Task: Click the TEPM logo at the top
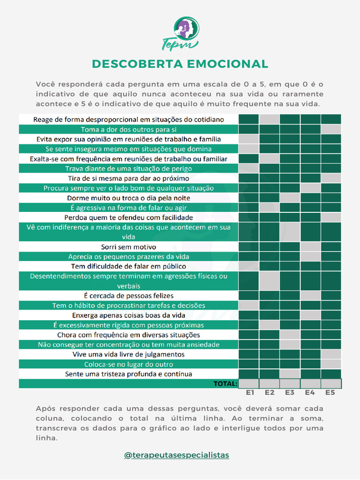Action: coord(180,33)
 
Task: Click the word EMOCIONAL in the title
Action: coord(227,64)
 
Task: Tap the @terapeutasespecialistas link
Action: coord(177,455)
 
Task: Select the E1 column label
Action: coord(250,392)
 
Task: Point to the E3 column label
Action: coord(290,392)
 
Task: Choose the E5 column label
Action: coord(330,392)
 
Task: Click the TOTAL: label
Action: coord(225,383)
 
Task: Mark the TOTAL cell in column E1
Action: coord(248,383)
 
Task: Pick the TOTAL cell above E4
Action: coord(310,383)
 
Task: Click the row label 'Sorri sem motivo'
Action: coord(128,247)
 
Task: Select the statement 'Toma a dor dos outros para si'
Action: coord(128,129)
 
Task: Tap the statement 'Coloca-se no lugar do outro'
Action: coord(128,364)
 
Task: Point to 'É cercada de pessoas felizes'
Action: coord(128,296)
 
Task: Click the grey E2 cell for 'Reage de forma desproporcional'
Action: coord(270,120)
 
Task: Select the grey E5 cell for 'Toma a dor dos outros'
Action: coord(331,129)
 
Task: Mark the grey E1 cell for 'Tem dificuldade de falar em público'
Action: coord(248,266)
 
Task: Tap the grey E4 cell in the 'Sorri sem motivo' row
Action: coord(310,247)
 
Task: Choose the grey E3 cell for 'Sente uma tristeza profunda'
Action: coord(290,374)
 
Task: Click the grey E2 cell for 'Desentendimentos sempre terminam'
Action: coord(270,281)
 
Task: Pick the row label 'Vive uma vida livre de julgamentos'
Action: coord(128,354)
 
